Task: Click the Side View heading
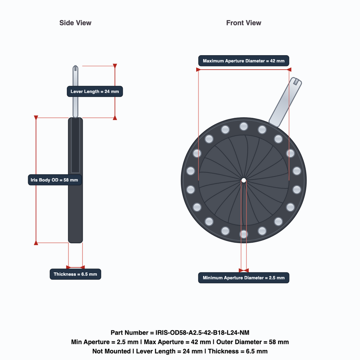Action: coord(75,23)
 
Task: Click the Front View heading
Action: coord(244,23)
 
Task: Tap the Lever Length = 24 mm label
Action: coord(95,91)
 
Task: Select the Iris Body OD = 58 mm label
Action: coord(54,180)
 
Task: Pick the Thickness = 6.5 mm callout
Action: coord(75,274)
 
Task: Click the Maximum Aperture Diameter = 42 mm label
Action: coord(244,61)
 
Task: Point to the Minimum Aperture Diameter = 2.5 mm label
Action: coord(244,278)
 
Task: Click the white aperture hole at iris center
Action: coord(244,180)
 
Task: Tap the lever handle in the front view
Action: coord(285,102)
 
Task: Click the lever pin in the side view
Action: coord(75,92)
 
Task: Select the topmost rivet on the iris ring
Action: coord(244,126)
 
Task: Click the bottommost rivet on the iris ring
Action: coord(244,234)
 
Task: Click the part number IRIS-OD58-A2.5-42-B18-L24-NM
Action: coord(202,333)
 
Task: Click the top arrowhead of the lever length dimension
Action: coord(115,66)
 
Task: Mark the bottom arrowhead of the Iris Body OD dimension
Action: coord(36,243)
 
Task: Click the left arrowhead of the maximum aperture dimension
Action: coord(198,70)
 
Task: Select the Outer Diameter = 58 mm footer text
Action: coord(252,342)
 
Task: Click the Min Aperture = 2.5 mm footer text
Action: coord(105,342)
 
